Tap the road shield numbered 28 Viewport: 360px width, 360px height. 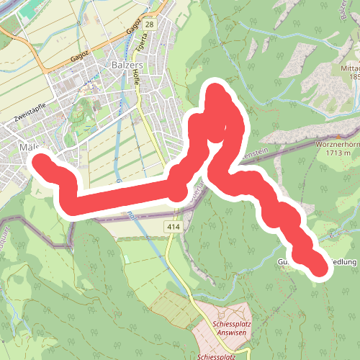pos(149,25)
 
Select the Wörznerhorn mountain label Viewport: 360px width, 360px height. pos(338,143)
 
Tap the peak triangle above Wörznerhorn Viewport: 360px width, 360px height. pos(337,133)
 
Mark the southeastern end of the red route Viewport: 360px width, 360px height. pos(319,267)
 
